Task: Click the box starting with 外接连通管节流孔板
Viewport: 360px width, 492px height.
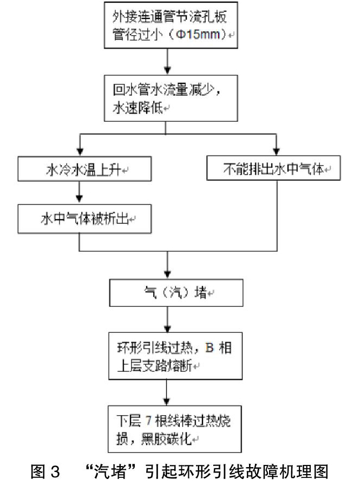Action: (x=171, y=25)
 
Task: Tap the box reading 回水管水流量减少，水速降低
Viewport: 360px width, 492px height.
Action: (x=171, y=98)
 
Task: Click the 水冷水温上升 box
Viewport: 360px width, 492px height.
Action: (x=84, y=169)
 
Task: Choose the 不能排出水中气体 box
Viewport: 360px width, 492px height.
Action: (x=273, y=168)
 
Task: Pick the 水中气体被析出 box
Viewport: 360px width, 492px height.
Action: (x=84, y=219)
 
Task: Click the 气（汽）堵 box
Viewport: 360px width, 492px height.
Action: (x=176, y=293)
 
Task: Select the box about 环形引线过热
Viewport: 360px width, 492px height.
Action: (x=175, y=356)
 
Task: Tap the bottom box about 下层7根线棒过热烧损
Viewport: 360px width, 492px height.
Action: (x=175, y=429)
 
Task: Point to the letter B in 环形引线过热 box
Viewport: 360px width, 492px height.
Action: (x=210, y=347)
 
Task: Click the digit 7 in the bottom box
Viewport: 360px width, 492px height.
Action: (x=148, y=421)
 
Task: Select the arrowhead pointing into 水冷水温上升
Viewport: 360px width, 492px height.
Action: (x=80, y=152)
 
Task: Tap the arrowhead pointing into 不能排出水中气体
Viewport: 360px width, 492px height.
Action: (x=277, y=151)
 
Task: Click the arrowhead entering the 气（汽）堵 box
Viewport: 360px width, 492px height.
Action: (x=168, y=274)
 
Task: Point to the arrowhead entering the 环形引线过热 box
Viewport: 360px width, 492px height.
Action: (x=168, y=329)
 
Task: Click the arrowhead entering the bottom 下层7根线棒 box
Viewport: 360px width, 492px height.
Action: (x=167, y=401)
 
